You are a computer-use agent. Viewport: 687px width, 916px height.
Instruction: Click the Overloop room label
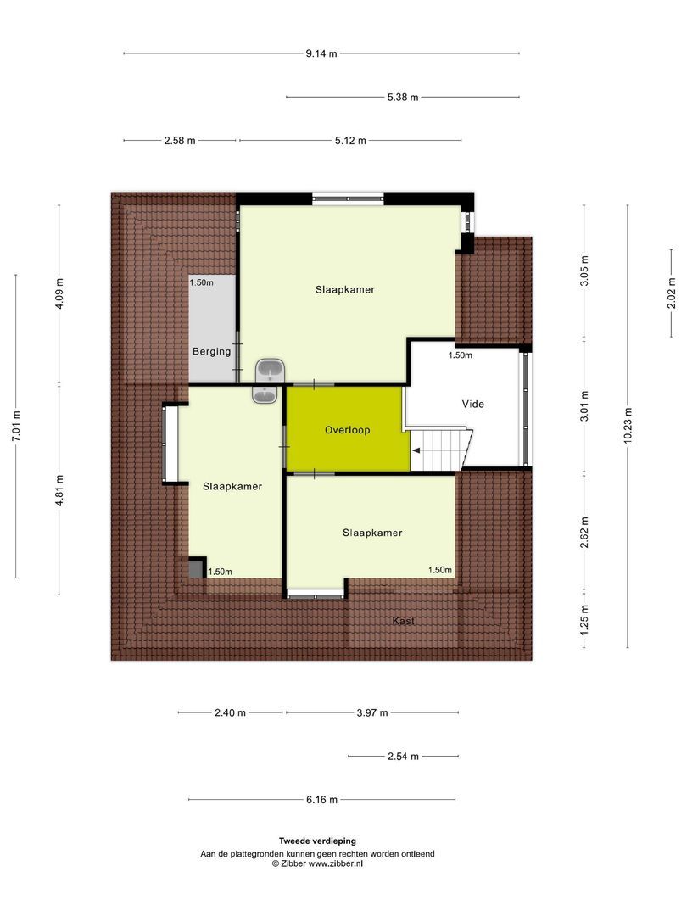(x=348, y=430)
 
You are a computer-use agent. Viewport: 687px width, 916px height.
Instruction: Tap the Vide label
(x=473, y=404)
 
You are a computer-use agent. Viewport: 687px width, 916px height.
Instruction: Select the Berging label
(x=211, y=351)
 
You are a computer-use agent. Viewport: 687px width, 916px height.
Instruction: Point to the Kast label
(x=404, y=622)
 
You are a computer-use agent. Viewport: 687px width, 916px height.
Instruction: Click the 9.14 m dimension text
(x=321, y=53)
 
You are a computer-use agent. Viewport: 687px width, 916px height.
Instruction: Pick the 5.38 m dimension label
(x=402, y=97)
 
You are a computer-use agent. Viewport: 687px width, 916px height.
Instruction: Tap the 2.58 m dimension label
(x=180, y=140)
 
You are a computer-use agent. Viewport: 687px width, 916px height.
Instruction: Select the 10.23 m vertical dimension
(x=628, y=427)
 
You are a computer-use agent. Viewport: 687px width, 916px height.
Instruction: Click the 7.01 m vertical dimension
(x=16, y=427)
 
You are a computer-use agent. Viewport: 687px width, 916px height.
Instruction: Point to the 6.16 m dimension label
(x=321, y=799)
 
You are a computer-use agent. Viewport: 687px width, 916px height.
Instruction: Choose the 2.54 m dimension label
(x=403, y=756)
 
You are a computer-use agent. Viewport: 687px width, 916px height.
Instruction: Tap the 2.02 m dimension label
(x=672, y=293)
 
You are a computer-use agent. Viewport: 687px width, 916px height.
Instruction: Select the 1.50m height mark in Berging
(x=202, y=282)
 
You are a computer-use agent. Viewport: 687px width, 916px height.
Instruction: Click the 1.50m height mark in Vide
(x=461, y=355)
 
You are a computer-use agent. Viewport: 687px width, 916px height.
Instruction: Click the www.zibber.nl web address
(x=335, y=863)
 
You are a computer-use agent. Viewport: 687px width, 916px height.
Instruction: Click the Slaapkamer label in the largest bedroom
(x=345, y=289)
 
